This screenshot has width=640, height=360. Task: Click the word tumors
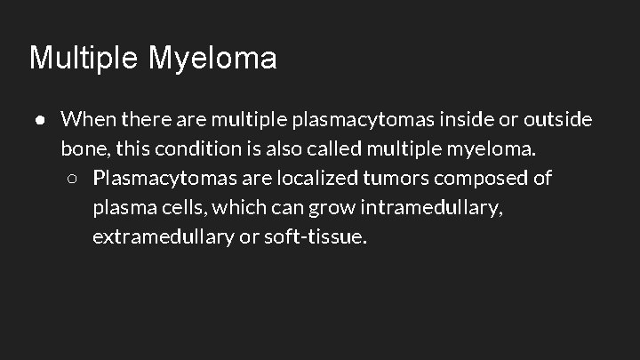pos(396,179)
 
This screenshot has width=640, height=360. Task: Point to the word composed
pos(481,179)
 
